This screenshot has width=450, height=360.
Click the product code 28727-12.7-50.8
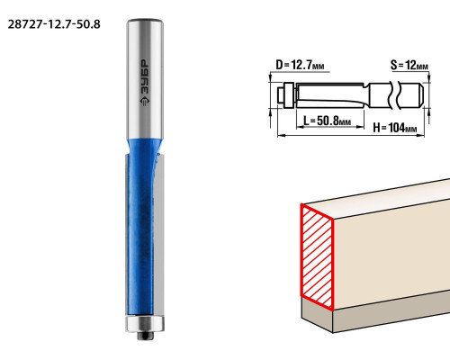[x=54, y=24]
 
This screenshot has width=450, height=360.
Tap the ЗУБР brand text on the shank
[x=145, y=76]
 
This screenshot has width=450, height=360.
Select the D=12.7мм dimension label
[x=300, y=65]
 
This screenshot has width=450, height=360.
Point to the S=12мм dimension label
[x=409, y=65]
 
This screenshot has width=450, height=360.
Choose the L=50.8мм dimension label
[x=327, y=121]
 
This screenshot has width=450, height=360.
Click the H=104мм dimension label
[x=395, y=128]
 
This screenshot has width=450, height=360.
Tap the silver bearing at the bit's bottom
[x=145, y=323]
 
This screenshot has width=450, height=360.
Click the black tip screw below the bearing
[x=145, y=336]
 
